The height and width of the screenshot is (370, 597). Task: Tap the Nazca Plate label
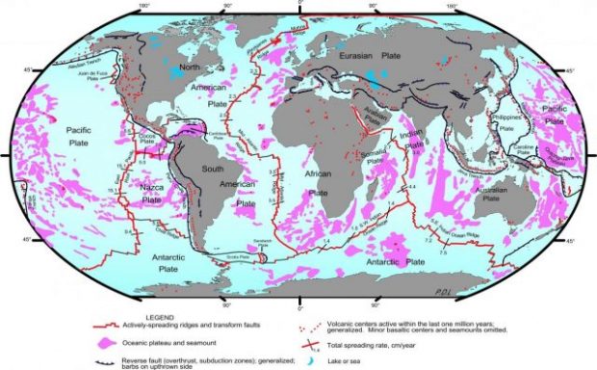click(x=151, y=195)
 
